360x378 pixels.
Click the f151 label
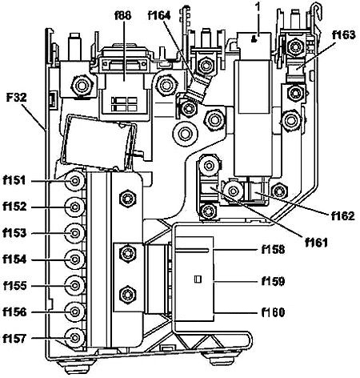14,180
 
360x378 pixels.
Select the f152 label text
14,207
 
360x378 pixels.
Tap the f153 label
14,233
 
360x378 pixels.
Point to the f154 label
14,259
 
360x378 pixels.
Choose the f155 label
14,286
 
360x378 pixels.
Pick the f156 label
14,312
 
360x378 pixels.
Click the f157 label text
14,338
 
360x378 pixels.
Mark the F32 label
17,98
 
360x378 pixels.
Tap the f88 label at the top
123,15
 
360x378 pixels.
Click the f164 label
159,15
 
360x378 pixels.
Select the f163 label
343,35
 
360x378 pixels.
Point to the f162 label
343,215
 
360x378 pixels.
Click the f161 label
316,243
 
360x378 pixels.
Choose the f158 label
273,250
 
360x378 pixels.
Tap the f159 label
273,281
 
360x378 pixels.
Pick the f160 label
273,312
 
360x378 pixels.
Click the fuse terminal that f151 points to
75,181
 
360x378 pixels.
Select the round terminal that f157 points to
75,338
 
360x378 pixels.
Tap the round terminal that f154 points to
75,259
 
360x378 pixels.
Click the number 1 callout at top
258,7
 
